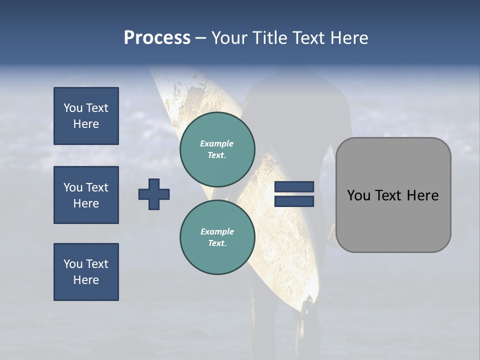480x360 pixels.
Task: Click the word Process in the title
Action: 157,37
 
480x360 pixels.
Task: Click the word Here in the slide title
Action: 348,37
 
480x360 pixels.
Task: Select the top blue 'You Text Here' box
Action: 86,116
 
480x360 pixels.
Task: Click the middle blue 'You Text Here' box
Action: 86,195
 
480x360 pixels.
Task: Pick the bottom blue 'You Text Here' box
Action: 86,272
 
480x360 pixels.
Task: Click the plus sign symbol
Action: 154,194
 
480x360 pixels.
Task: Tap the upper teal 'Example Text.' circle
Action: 217,149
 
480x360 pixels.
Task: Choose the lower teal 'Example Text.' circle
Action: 217,237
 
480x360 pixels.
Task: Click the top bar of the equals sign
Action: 294,187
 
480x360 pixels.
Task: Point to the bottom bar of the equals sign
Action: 294,201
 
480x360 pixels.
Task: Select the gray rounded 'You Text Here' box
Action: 393,195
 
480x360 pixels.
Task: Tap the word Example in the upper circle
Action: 217,143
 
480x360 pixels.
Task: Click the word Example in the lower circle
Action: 217,231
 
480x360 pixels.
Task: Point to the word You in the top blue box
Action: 73,108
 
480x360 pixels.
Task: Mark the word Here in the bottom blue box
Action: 86,280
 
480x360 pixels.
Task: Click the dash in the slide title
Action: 201,38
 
